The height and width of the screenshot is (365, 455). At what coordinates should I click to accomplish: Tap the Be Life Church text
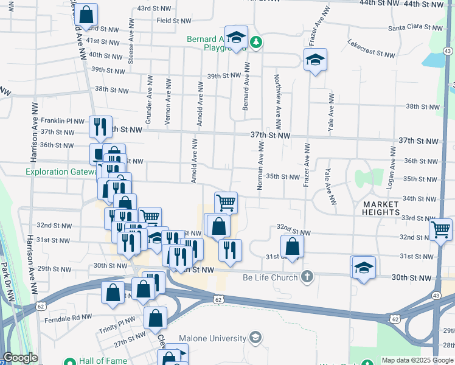click(x=270, y=277)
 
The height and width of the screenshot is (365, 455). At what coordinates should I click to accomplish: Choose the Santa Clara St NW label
click(x=415, y=28)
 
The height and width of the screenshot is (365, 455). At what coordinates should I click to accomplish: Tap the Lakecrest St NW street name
click(x=371, y=49)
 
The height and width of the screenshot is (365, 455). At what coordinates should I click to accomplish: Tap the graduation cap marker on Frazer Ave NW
click(x=315, y=60)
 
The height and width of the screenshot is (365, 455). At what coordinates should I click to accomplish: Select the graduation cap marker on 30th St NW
click(x=363, y=267)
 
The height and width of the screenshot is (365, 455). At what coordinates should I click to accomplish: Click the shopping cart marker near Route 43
click(x=441, y=229)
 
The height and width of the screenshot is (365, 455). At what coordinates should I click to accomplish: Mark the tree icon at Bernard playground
click(x=257, y=42)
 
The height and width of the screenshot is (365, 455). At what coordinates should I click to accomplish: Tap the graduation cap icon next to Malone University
click(x=256, y=338)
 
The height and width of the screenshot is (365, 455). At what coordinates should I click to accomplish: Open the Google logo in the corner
click(x=20, y=358)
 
